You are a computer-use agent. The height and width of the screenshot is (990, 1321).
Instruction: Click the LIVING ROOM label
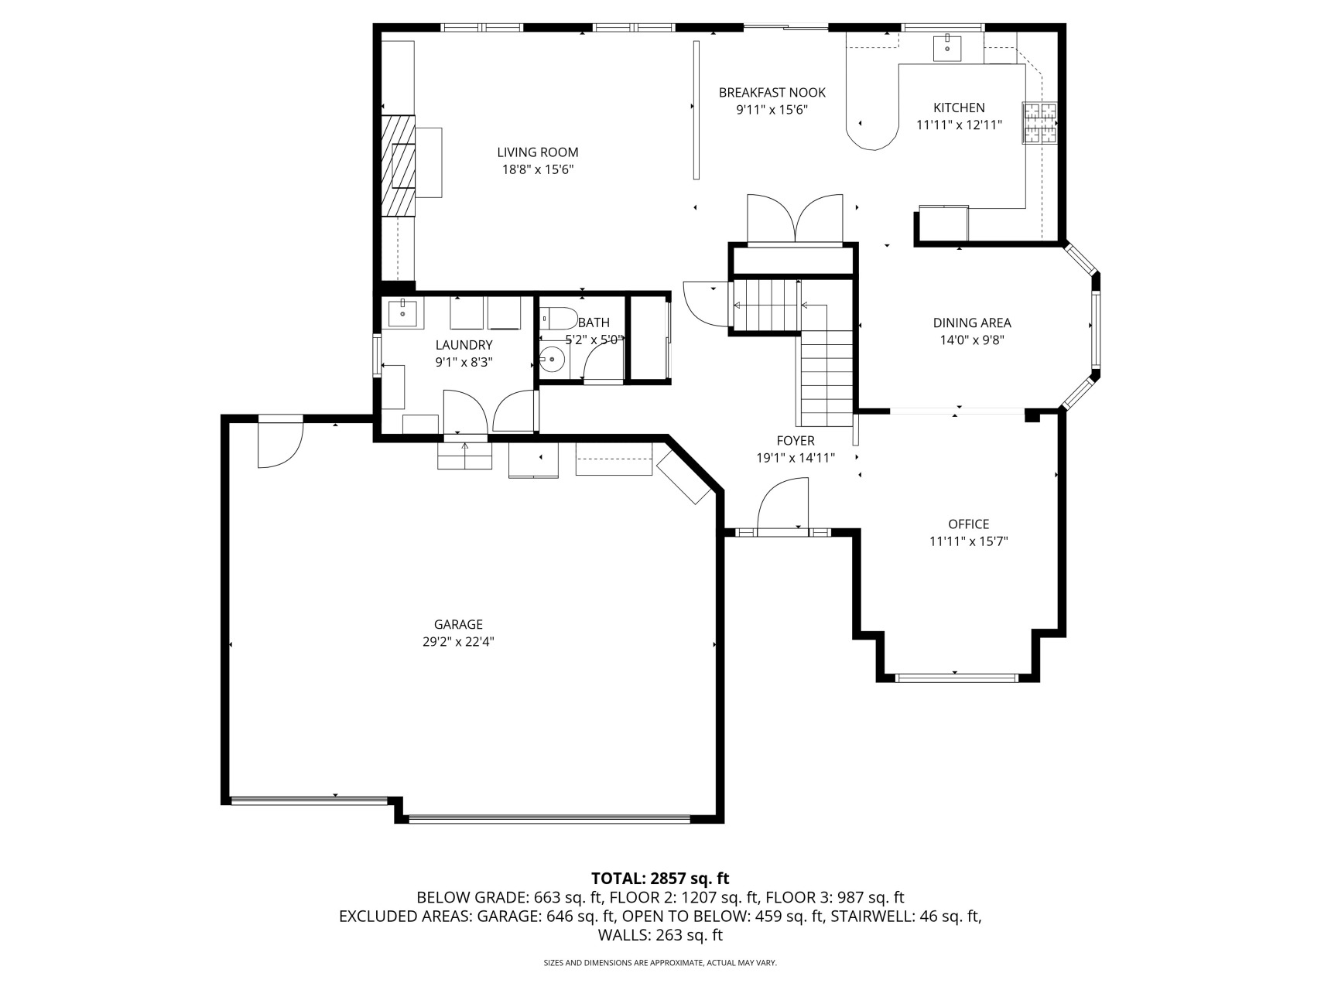tap(537, 152)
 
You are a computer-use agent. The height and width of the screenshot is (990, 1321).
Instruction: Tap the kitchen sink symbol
tap(946, 47)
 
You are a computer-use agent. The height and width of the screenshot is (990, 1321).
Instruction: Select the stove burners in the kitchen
tap(1040, 124)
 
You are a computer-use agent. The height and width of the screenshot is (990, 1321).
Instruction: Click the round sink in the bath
tap(552, 360)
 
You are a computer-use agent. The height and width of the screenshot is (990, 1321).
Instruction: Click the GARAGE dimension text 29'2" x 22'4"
tap(458, 641)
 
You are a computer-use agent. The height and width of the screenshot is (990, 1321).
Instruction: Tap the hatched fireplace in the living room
tap(398, 166)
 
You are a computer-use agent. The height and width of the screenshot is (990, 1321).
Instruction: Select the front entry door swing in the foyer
tap(783, 506)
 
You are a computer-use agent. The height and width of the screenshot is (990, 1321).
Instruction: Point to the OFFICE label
tap(968, 524)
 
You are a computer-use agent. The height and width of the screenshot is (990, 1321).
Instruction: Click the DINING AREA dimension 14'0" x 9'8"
tap(971, 340)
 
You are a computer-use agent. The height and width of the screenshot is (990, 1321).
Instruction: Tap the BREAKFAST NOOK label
tap(772, 93)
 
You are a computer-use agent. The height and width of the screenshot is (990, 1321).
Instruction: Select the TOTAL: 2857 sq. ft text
tap(659, 879)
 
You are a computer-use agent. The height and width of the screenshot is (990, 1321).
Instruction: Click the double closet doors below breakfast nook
tap(795, 220)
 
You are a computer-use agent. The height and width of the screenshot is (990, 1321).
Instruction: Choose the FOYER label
tap(795, 441)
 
